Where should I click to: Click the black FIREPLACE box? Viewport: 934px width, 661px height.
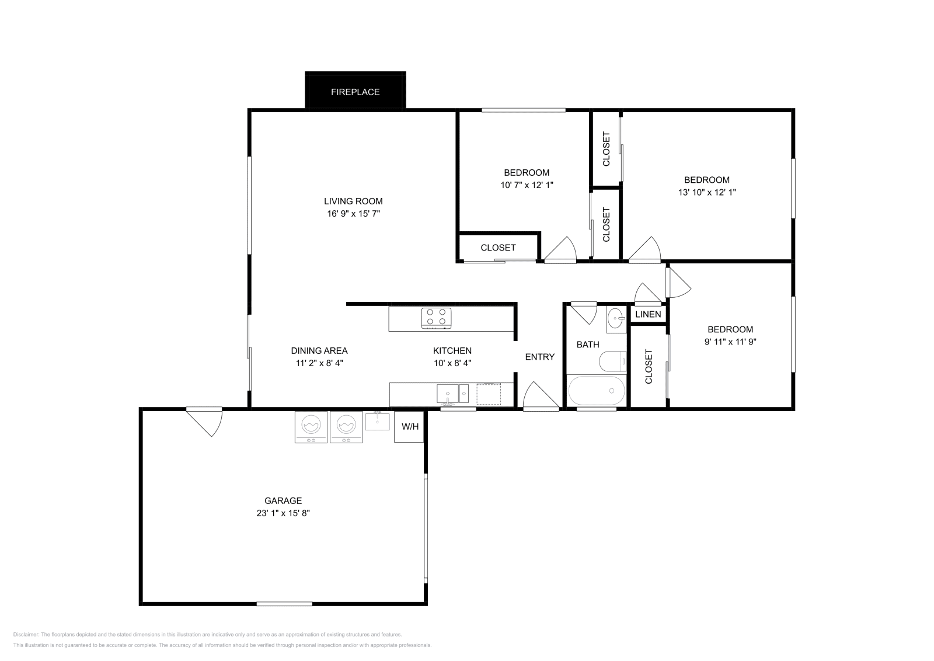(355, 92)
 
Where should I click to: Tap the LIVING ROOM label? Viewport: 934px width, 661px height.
(353, 201)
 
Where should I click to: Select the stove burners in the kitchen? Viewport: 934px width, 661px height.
(437, 316)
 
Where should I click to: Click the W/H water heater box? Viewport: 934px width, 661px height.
(409, 427)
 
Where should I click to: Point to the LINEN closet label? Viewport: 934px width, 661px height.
(648, 314)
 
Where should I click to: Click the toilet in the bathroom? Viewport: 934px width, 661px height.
(613, 361)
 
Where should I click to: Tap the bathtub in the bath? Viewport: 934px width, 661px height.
(597, 391)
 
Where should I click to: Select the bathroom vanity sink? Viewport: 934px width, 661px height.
(616, 319)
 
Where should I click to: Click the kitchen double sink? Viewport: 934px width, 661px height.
(452, 394)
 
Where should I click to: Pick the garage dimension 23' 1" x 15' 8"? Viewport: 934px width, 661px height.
(283, 513)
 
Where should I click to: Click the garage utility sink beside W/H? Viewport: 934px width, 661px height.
(377, 421)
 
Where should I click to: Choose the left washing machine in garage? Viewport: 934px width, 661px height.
(311, 427)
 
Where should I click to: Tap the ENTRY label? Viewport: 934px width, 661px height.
(539, 357)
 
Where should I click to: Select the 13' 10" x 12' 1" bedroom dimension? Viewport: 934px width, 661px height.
(707, 192)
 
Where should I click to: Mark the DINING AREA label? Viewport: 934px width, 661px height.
(319, 350)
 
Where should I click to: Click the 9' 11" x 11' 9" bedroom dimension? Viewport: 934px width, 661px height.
(730, 342)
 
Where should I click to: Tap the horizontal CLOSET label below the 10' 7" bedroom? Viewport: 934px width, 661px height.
(498, 248)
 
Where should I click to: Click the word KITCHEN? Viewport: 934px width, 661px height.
(452, 350)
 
